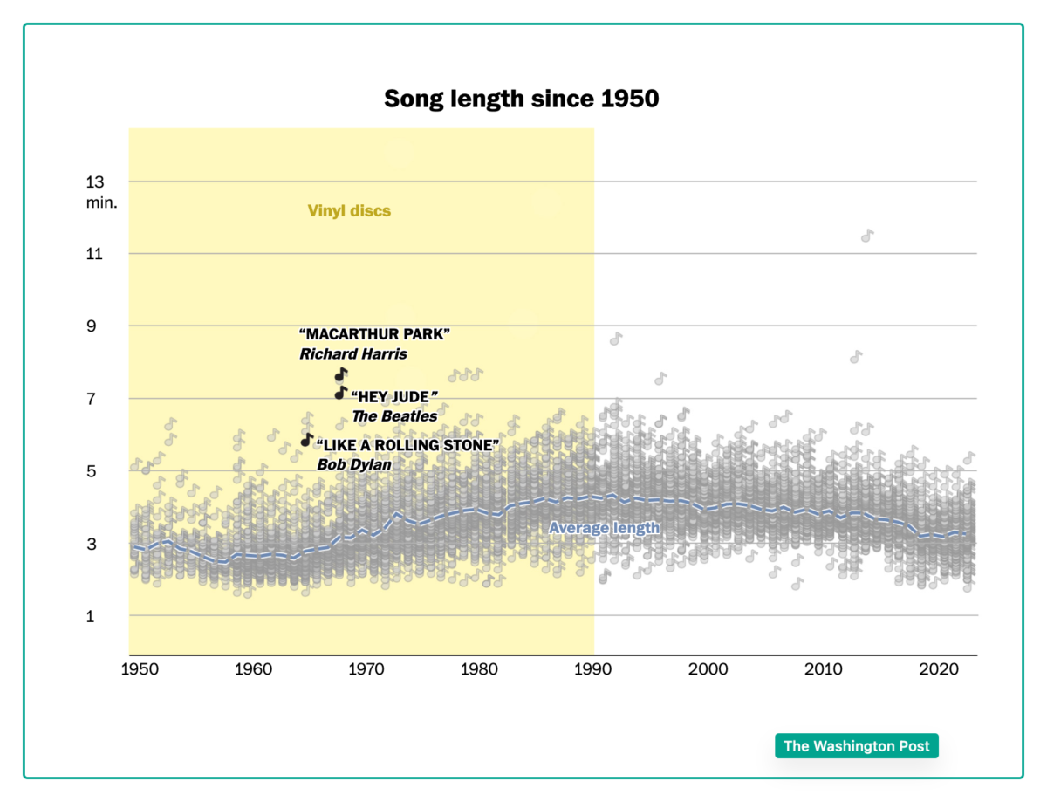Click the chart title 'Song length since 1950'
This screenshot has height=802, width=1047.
pyautogui.click(x=521, y=99)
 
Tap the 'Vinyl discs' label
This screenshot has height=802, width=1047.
pyautogui.click(x=349, y=210)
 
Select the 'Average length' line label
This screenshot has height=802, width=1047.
pyautogui.click(x=604, y=528)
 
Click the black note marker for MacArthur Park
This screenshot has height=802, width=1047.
pyautogui.click(x=341, y=375)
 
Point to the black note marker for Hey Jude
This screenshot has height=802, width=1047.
pyautogui.click(x=341, y=394)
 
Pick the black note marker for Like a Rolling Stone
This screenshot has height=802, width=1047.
pyautogui.click(x=306, y=440)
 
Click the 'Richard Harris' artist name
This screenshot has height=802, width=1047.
pyautogui.click(x=353, y=354)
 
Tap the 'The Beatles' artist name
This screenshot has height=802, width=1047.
pyautogui.click(x=394, y=416)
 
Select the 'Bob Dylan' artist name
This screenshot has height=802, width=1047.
pyautogui.click(x=353, y=464)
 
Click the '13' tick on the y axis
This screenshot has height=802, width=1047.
pyautogui.click(x=94, y=182)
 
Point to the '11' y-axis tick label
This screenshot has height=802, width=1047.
pyautogui.click(x=94, y=254)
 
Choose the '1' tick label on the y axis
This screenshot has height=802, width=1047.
pyautogui.click(x=90, y=616)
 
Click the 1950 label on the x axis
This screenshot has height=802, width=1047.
pyautogui.click(x=140, y=670)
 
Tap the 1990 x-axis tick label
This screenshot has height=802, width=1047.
pyautogui.click(x=593, y=670)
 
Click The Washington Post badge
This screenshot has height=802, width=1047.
pyautogui.click(x=856, y=746)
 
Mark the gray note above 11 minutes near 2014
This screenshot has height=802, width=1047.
pyautogui.click(x=866, y=236)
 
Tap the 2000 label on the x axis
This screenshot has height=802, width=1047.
pyautogui.click(x=708, y=670)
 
